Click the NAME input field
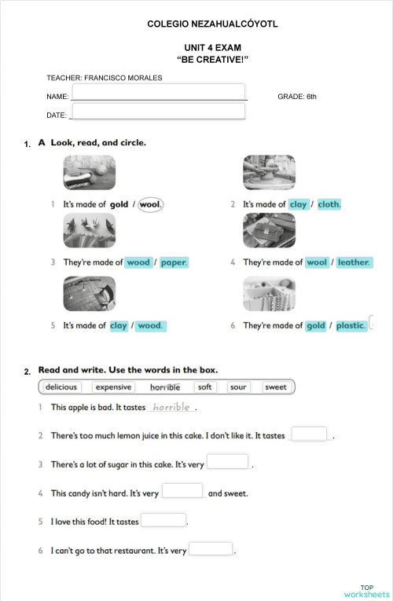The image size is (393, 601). point(159,92)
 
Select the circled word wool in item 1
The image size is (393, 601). point(150,204)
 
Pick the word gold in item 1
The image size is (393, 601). point(119,204)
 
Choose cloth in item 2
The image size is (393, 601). point(329,204)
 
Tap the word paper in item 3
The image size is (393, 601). point(174,262)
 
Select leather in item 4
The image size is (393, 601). point(353,262)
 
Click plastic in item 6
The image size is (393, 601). point(351,325)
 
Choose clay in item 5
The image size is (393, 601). point(119,325)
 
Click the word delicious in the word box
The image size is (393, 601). point(61,387)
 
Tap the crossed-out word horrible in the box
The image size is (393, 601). point(165,387)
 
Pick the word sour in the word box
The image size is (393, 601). point(238,387)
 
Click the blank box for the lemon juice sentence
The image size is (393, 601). point(309,434)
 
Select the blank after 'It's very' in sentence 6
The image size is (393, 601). point(211,548)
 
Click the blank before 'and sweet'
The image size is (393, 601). point(182,491)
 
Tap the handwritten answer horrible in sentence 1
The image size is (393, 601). point(171,407)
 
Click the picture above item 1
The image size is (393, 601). point(89,173)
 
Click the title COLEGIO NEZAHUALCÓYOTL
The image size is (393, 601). point(212,24)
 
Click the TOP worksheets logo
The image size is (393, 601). point(366,591)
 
